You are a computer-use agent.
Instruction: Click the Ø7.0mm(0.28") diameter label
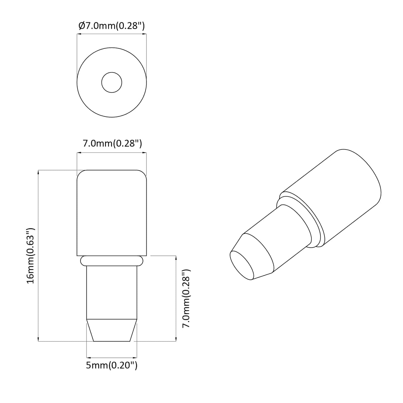click(112, 26)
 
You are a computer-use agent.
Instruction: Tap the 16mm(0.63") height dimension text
click(30, 255)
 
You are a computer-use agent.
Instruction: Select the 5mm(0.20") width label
click(112, 365)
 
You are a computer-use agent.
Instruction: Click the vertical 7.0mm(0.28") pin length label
click(186, 298)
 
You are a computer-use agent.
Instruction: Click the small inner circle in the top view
click(112, 83)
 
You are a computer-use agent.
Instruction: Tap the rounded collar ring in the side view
click(112, 261)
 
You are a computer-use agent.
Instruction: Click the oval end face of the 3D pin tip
click(242, 265)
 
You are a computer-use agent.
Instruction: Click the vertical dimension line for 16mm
click(38, 255)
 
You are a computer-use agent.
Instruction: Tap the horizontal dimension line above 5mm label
click(112, 357)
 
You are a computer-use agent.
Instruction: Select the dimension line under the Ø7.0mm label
click(112, 34)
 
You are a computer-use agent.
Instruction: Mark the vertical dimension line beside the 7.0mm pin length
click(176, 298)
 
